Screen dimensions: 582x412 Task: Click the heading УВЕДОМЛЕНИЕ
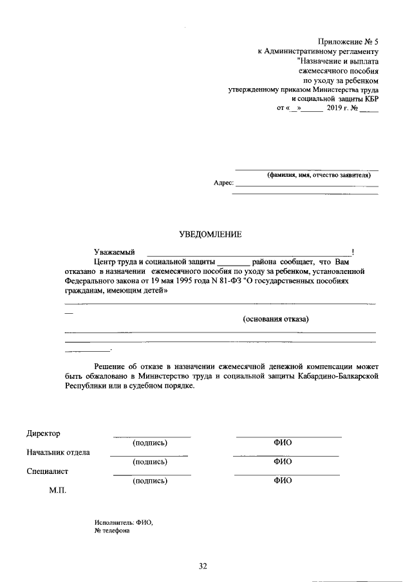tap(210, 235)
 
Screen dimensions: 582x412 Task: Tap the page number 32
tap(203, 566)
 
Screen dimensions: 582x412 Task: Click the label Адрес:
tap(223, 183)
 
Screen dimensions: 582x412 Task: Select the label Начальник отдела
tap(59, 452)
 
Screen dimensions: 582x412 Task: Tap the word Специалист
tap(48, 471)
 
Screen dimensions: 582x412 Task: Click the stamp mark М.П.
tap(57, 490)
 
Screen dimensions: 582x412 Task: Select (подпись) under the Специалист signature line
tap(149, 480)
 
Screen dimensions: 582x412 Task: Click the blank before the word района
tap(233, 262)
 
